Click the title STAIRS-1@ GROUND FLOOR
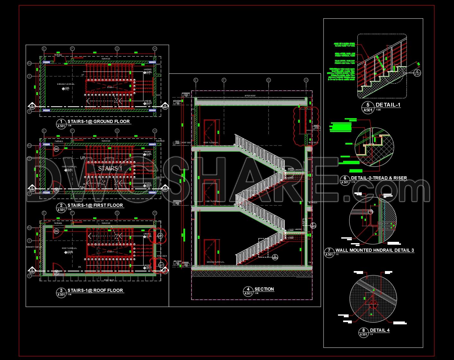pyautogui.click(x=98, y=121)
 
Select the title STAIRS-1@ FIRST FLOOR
pyautogui.click(x=95, y=205)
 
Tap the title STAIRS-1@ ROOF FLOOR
pyautogui.click(x=95, y=290)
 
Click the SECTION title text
pyautogui.click(x=264, y=289)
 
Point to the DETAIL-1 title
pyautogui.click(x=388, y=105)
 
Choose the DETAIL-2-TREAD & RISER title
pyautogui.click(x=379, y=178)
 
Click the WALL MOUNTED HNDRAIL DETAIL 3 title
pyautogui.click(x=375, y=250)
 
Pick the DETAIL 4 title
pyautogui.click(x=379, y=330)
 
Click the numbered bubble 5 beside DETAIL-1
pyautogui.click(x=368, y=105)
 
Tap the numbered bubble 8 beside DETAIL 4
pyautogui.click(x=363, y=330)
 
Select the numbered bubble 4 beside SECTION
pyautogui.click(x=248, y=289)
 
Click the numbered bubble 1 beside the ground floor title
pyautogui.click(x=61, y=121)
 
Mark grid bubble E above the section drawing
pyautogui.click(x=196, y=80)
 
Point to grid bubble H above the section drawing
pyautogui.click(x=306, y=80)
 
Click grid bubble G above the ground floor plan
pyautogui.click(x=117, y=48)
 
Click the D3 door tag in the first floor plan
pyautogui.click(x=56, y=149)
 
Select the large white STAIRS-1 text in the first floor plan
pyautogui.click(x=110, y=169)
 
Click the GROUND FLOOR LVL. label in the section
pyautogui.click(x=215, y=262)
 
